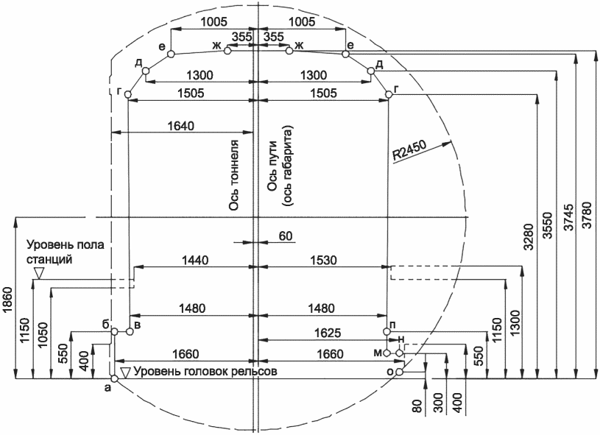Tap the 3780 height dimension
tap(587, 216)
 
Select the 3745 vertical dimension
tap(569, 217)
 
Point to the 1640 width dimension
tap(181, 125)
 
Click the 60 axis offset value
tap(286, 236)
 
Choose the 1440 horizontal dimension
tap(195, 260)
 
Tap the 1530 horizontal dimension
tap(323, 260)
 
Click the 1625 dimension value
tap(327, 333)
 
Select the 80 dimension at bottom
tap(418, 406)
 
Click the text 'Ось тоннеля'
tap(234, 175)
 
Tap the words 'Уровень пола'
tap(66, 244)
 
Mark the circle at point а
tap(114, 378)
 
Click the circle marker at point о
tap(399, 372)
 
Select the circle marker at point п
tap(387, 331)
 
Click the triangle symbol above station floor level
tap(38, 273)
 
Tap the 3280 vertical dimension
tap(529, 237)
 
